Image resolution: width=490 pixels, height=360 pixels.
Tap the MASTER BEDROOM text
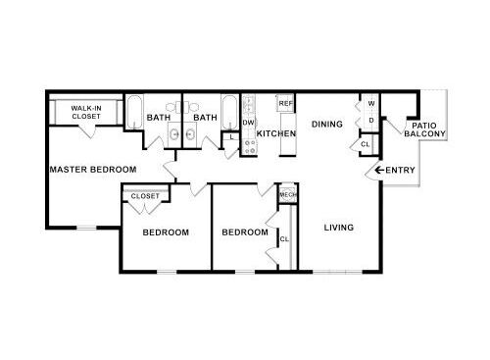pos(93,170)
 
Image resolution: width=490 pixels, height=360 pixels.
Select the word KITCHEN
pos(276,132)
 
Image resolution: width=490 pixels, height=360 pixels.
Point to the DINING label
pos(326,125)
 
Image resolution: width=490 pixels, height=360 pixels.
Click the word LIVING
pos(338,228)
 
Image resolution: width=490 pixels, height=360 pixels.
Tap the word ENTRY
pos(401,171)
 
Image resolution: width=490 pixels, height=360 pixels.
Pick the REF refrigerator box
pos(286,103)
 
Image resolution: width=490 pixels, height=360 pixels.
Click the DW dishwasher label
pos(248,123)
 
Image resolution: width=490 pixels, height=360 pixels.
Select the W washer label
pos(371,103)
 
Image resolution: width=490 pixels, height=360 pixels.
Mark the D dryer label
pos(371,120)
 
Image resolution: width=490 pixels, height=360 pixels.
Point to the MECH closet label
pos(287,195)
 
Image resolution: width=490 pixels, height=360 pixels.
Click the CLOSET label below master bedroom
pos(144,196)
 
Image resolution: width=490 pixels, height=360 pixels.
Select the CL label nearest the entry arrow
pos(365,144)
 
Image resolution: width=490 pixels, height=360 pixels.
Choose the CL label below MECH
pos(284,238)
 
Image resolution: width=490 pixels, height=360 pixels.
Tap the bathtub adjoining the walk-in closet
pos(134,113)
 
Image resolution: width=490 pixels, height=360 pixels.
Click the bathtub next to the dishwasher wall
pos(229,111)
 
